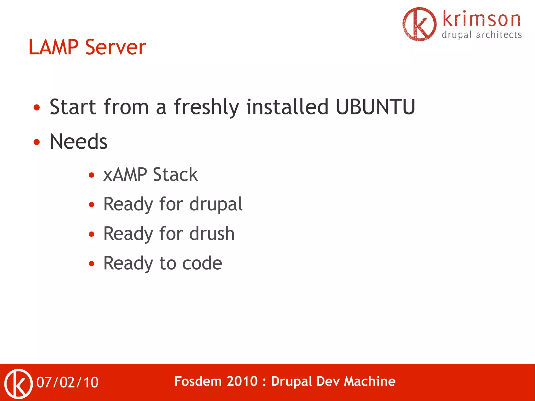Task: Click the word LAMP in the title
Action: click(x=53, y=47)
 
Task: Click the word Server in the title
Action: click(x=115, y=47)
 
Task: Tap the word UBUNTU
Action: click(x=375, y=107)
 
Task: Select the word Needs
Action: click(x=78, y=142)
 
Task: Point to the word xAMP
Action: click(x=125, y=175)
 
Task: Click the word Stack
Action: click(x=175, y=175)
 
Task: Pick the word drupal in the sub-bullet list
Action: click(x=216, y=205)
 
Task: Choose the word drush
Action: click(x=212, y=234)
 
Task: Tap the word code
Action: click(x=202, y=263)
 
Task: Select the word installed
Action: click(x=287, y=107)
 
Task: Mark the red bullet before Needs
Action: click(x=37, y=142)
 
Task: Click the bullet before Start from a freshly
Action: click(x=37, y=107)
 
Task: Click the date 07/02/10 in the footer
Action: click(x=67, y=382)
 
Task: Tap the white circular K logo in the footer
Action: click(x=19, y=383)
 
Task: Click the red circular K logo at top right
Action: click(x=419, y=24)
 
